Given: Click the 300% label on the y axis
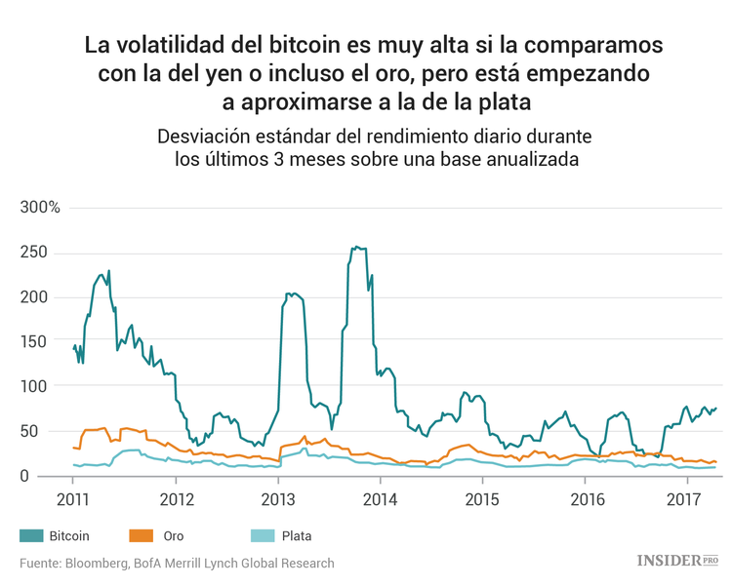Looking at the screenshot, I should [40, 208].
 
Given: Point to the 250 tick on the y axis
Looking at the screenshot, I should [34, 252].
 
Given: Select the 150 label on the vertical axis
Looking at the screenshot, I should [34, 341].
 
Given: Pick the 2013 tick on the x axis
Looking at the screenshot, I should [278, 499].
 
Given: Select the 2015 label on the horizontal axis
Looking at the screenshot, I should [482, 499].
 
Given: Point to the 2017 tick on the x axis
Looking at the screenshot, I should [687, 499].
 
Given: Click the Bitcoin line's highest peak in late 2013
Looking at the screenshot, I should [356, 248].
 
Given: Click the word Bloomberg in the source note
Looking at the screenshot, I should [99, 563].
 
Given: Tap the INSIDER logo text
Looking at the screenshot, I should [669, 561].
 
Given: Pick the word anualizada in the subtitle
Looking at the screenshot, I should [521, 159].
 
